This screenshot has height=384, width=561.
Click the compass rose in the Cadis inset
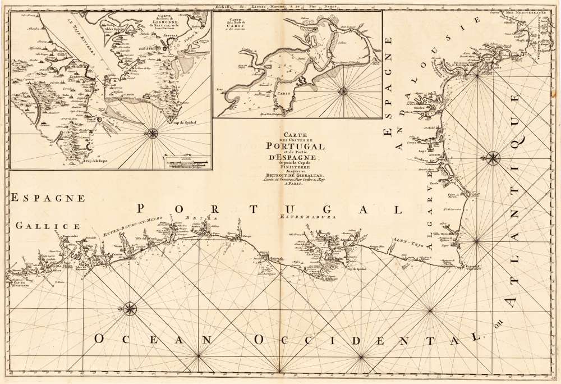343,90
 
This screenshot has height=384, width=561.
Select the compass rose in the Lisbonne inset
152,133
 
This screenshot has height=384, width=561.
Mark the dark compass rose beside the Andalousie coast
494,158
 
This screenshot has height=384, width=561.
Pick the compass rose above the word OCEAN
130,308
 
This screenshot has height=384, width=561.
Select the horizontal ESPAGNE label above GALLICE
47,198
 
